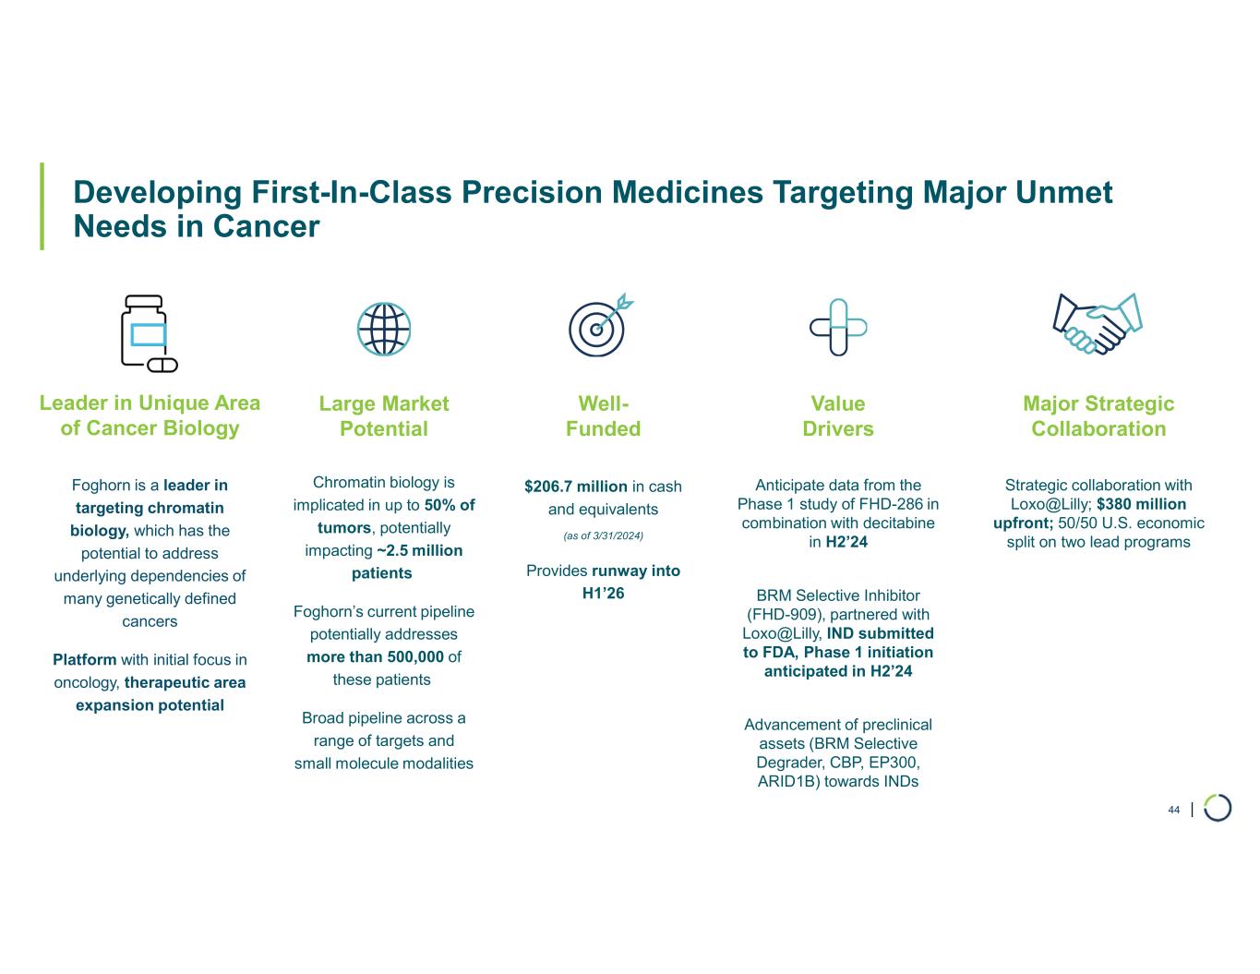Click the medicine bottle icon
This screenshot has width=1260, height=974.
click(148, 332)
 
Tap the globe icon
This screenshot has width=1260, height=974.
click(384, 330)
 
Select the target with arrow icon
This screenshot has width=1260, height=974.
click(599, 326)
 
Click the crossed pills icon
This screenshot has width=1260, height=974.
click(838, 327)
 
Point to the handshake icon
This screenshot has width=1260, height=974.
click(1098, 323)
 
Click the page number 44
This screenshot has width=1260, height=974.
click(1173, 810)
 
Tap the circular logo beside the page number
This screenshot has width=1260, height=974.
click(1218, 807)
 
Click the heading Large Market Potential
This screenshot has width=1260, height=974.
click(384, 415)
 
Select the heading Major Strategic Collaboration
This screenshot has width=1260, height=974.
click(1098, 415)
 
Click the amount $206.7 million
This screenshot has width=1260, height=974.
click(576, 487)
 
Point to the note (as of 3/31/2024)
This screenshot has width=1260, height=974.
click(603, 535)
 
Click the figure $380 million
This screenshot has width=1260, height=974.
click(1141, 504)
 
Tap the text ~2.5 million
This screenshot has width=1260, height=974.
click(419, 550)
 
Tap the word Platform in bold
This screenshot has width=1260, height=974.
click(85, 659)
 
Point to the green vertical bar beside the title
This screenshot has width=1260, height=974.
click(42, 207)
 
